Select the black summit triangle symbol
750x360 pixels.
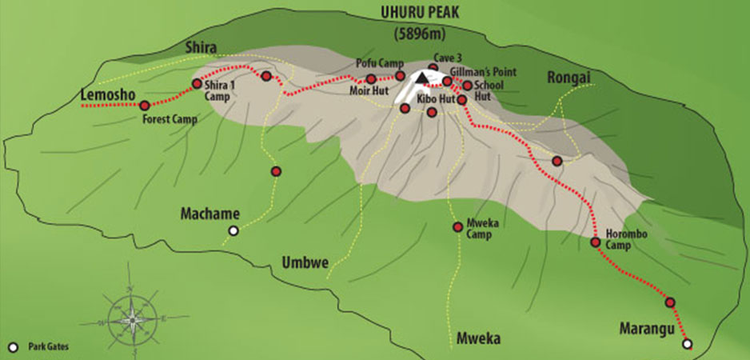421,78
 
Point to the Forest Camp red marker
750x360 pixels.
145,106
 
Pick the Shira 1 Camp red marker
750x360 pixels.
197,84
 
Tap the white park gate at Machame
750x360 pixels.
233,231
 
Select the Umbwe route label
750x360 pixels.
305,262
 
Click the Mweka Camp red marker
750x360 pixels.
457,227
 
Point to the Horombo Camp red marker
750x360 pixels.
595,242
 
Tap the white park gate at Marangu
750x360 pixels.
686,344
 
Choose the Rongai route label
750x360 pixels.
568,77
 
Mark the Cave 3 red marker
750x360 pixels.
433,68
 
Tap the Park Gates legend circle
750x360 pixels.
13,347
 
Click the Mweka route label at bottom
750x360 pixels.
478,338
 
